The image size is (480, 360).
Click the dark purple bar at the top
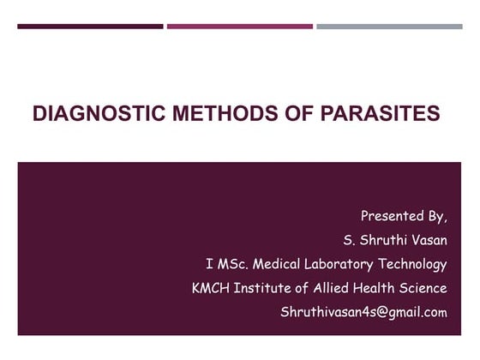click(x=90, y=26)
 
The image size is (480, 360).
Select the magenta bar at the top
click(x=239, y=26)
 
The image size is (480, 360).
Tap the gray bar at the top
click(x=389, y=26)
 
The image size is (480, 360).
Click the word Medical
click(x=276, y=264)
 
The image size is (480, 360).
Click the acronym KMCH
click(x=211, y=288)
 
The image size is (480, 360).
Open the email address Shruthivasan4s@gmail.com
click(x=363, y=312)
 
